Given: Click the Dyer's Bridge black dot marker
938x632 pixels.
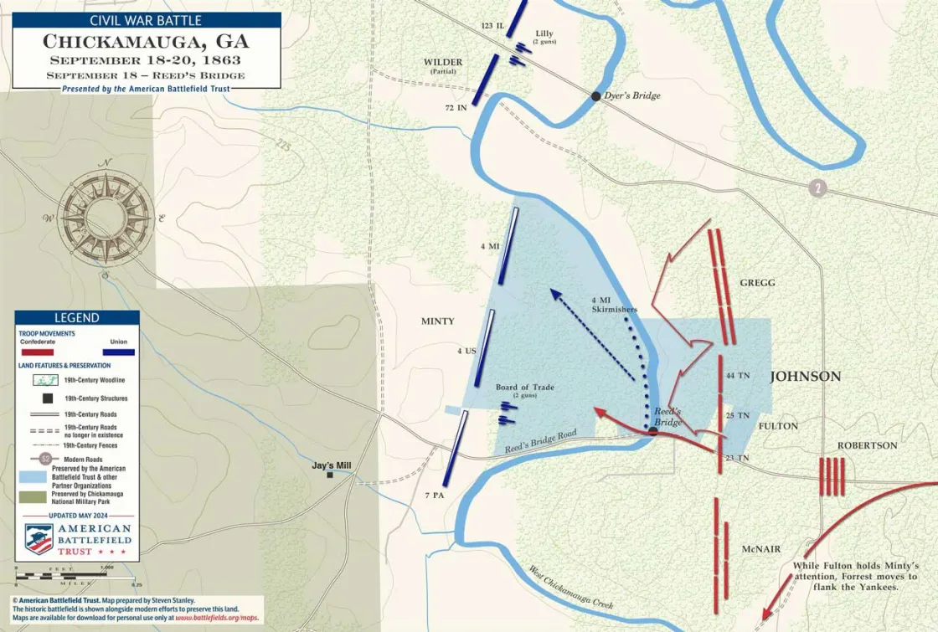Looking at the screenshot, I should pos(595,96).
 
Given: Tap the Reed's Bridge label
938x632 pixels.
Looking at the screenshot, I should pos(667,417).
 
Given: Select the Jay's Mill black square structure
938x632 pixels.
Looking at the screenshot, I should pos(330,475).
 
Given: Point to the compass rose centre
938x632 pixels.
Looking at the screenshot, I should pos(106,217).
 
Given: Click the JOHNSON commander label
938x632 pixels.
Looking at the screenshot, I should pos(805,377).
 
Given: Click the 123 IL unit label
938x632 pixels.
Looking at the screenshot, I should pos(492,26).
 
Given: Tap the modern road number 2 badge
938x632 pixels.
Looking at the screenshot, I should pos(817,188).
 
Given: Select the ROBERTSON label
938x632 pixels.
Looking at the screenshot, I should pos(867,445).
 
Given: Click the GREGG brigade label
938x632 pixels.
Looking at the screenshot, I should pos(757,283).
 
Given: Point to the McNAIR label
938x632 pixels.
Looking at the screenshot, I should pos(760,549).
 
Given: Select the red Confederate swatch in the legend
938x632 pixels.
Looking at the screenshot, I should pos(37,352).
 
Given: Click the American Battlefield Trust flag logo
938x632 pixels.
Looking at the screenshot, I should pos(39,539).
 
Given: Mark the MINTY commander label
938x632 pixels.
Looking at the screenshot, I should pos(437,321).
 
